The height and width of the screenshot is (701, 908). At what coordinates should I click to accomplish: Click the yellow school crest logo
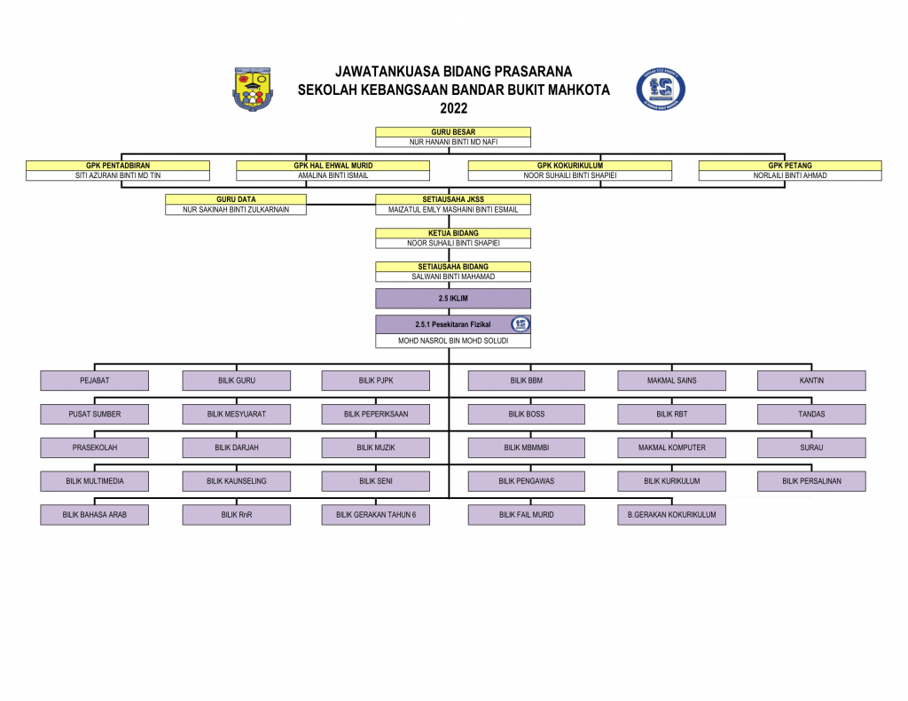click(x=253, y=90)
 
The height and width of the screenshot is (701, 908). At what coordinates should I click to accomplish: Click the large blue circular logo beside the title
click(x=661, y=90)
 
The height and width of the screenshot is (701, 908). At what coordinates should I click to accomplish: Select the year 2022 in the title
click(x=453, y=108)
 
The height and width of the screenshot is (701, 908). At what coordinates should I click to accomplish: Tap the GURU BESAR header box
click(x=453, y=132)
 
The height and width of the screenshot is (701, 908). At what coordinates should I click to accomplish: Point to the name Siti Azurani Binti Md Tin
click(x=118, y=175)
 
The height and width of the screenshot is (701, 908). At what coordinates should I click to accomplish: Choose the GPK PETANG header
click(x=790, y=166)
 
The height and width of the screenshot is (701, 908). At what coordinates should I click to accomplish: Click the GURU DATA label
click(x=236, y=199)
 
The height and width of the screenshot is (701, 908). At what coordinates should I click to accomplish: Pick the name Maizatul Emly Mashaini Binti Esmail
click(x=453, y=209)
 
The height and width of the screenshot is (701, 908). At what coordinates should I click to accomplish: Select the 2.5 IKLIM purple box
click(x=453, y=299)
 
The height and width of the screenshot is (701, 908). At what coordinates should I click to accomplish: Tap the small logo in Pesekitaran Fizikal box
click(x=520, y=324)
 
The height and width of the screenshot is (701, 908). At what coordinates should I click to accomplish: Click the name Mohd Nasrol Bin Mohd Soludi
click(x=453, y=341)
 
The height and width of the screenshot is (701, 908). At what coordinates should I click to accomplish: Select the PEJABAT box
click(x=94, y=380)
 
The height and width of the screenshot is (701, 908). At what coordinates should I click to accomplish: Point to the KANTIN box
click(x=811, y=380)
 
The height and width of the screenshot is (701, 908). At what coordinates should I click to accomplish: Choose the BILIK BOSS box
click(x=527, y=414)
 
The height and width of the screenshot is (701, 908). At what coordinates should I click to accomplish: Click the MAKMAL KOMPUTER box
click(x=672, y=448)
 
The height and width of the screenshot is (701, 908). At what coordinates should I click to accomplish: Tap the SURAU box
click(x=811, y=448)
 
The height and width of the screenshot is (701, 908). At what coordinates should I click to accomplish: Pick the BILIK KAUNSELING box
click(x=236, y=481)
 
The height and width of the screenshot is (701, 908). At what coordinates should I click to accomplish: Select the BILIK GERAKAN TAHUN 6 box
click(x=376, y=515)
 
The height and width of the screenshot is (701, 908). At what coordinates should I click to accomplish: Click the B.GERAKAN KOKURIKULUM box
click(x=672, y=515)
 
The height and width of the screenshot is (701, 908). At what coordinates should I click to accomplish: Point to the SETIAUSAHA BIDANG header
click(x=453, y=267)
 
